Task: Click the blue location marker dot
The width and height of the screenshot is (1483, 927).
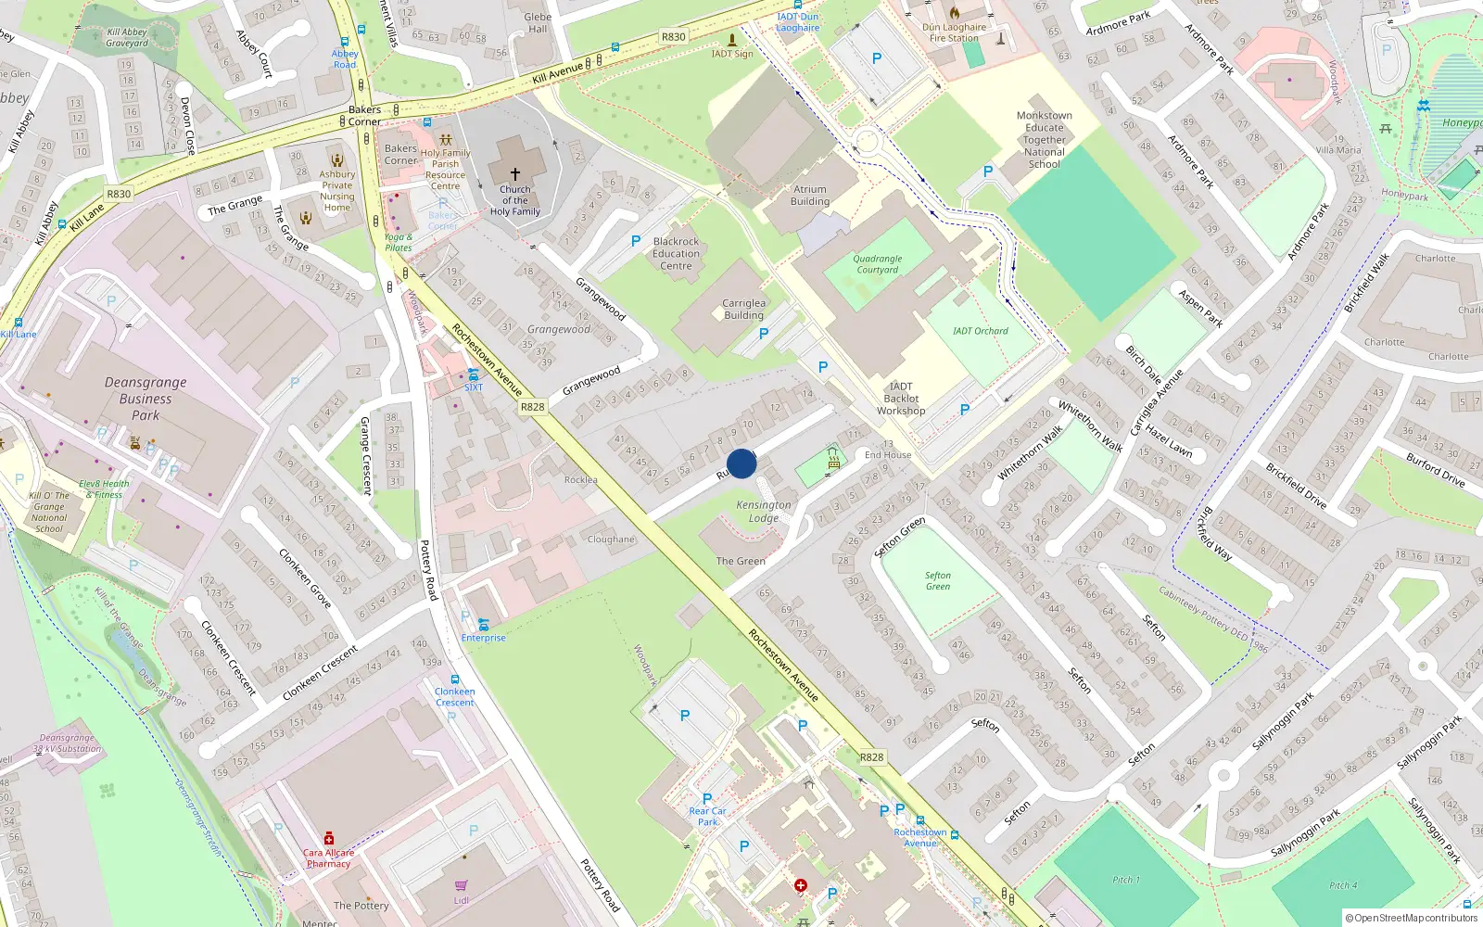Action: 741,463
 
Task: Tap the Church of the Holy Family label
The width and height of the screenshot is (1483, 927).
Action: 514,201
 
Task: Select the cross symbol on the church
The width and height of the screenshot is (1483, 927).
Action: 515,173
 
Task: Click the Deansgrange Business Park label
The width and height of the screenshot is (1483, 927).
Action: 146,399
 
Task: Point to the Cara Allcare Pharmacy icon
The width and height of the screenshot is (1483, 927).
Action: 329,838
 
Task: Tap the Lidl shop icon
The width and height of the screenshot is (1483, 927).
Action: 462,885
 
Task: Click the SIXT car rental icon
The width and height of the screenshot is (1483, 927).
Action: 474,375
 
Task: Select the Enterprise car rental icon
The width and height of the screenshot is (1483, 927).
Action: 483,625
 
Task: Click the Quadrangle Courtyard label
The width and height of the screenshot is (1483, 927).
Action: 877,264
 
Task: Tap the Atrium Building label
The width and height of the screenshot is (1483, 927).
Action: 810,195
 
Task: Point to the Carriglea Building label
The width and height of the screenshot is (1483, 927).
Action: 743,309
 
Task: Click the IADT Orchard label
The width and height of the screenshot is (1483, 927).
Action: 980,331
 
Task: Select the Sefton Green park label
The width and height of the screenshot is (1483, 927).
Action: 937,580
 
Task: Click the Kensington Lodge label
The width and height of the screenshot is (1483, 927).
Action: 764,512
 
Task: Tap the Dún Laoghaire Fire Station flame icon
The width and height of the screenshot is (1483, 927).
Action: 955,13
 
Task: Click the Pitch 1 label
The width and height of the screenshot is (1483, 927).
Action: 1126,880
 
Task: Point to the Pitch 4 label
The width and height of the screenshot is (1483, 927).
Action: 1342,885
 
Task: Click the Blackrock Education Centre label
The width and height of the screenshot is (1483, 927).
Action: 676,253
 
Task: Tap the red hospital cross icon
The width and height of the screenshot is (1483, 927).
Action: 801,886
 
